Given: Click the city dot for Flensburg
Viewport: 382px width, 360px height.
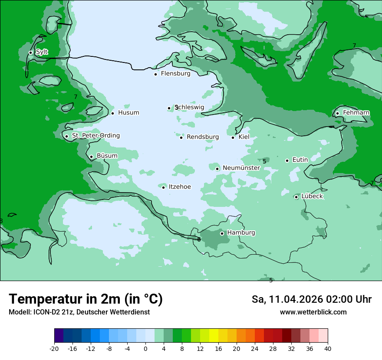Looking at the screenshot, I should pos(155,74).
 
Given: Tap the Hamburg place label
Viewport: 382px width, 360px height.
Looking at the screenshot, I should pos(241,233).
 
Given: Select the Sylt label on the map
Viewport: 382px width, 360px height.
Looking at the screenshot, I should pos(42,52).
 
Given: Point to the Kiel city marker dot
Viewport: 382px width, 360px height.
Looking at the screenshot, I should pos(233,137).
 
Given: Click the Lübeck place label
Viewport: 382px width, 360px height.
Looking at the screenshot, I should pos(312,196).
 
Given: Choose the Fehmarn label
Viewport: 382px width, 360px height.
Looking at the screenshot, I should pos(356,113).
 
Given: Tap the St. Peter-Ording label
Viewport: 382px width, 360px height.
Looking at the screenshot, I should pos(95,136).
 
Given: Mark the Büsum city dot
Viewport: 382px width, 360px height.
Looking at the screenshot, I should pos(91,157).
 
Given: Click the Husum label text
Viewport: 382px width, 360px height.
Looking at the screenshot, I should pos(128,113).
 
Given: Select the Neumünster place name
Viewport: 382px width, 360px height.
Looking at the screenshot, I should pos(241,168).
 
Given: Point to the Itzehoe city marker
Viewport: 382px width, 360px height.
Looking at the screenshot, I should pos(163,187).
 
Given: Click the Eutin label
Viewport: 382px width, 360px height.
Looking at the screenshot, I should pos(300,160).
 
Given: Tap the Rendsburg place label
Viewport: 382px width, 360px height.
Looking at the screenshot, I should pos(203,137).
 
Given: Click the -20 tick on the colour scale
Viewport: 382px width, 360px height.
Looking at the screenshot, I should pos(54,348).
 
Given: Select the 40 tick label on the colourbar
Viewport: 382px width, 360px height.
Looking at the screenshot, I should pos(328,348).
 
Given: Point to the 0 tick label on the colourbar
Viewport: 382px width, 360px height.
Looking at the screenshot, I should pos(145,348).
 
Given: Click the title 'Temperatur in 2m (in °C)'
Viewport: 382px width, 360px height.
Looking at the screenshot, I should pos(86,299).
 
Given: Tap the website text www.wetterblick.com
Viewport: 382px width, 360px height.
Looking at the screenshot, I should pos(313,312).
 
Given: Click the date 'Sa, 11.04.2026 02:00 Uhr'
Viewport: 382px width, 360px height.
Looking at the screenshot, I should pos(311,299).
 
